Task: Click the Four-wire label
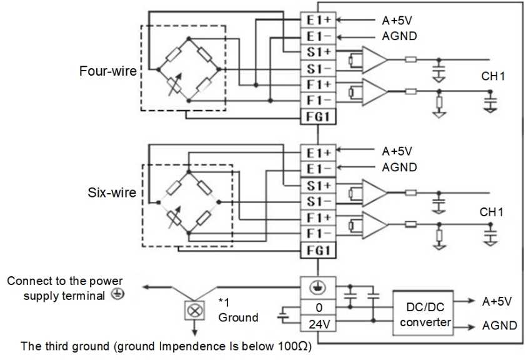pos(107,71)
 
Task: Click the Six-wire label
pos(112,192)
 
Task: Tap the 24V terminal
pos(319,324)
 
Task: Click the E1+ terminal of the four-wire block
pos(319,19)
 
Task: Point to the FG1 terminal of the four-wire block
pos(319,116)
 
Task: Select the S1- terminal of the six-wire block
pos(319,201)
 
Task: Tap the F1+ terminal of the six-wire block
pos(319,217)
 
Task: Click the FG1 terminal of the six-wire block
pos(319,251)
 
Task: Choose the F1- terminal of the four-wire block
pos(319,100)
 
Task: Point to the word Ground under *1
pos(238,317)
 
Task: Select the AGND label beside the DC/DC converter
pos(500,325)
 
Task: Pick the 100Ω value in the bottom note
pos(293,346)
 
